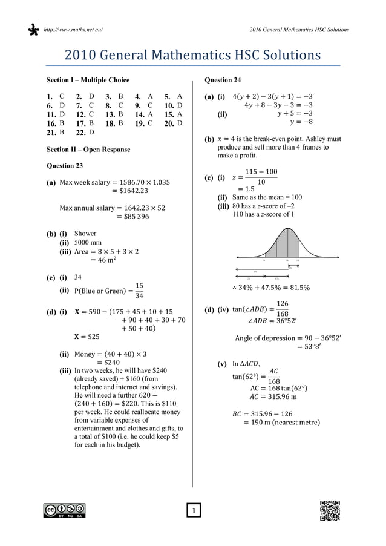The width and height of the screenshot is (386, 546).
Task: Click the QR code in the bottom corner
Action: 330,510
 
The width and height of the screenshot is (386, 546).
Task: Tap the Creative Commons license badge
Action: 64,510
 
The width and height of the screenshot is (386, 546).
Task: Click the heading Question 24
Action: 223,80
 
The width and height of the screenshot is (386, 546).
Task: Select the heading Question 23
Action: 65,165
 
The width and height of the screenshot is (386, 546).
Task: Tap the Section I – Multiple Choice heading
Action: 88,80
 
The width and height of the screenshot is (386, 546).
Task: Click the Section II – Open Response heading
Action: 88,149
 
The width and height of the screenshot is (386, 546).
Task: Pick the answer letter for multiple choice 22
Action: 91,132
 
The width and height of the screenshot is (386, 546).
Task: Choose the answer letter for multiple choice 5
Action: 180,96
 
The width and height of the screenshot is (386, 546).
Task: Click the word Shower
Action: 85,233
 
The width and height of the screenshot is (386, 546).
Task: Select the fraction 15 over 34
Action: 139,291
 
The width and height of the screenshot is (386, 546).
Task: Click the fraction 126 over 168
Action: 282,309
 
